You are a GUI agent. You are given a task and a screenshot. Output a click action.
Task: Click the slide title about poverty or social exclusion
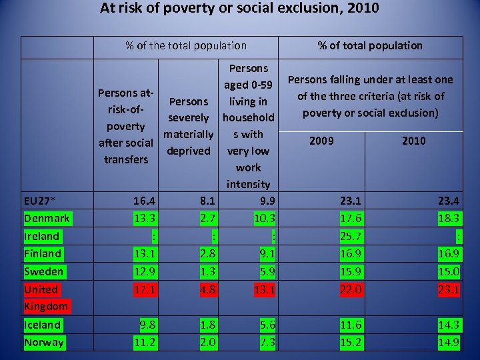[x=239, y=9]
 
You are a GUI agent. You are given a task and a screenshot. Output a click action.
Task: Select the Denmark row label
[x=47, y=218]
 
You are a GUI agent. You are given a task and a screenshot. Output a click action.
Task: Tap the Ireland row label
[x=42, y=236]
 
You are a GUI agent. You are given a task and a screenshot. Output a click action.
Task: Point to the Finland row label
[x=43, y=253]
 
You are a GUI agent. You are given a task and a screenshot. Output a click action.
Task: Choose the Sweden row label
[x=44, y=271]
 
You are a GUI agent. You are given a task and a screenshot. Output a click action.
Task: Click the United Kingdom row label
[x=45, y=297]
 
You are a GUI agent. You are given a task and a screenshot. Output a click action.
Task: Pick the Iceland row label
[x=43, y=325]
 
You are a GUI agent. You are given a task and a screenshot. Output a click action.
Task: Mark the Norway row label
[x=44, y=342]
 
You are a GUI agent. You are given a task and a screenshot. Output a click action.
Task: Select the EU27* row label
[x=40, y=200]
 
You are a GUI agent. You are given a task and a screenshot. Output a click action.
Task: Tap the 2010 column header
[x=413, y=141]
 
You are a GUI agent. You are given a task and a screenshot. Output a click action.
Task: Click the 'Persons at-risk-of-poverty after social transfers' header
[x=125, y=126]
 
